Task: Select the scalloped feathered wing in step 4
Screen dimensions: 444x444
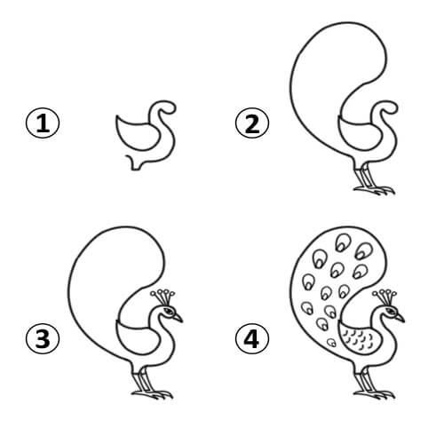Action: click(x=357, y=338)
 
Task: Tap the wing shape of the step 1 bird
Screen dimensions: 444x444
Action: click(x=133, y=133)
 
